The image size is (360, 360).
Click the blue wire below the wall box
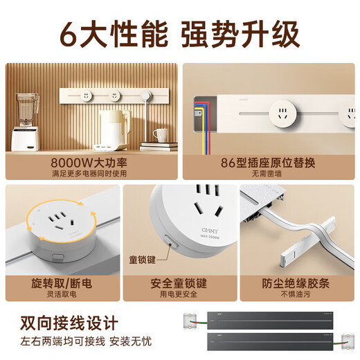click(200, 138)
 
